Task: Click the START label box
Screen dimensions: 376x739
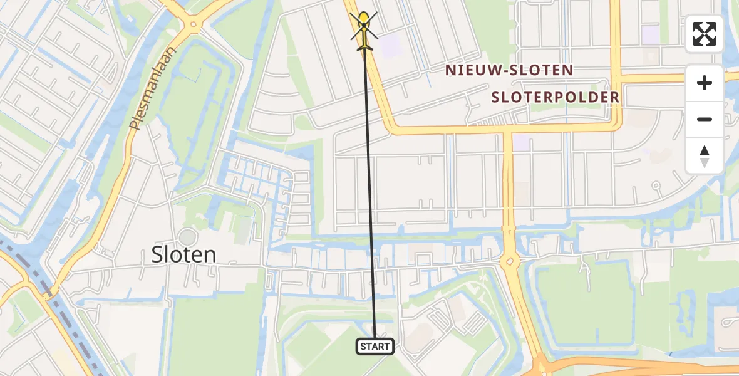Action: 375,346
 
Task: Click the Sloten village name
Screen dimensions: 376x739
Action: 183,254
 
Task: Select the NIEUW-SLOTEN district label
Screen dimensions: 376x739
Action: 509,70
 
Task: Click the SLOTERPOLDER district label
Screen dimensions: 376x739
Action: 556,97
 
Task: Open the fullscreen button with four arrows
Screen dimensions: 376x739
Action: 705,34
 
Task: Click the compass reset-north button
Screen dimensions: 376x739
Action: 705,155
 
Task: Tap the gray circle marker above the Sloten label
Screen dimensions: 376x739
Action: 187,237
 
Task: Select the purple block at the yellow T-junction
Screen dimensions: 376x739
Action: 521,142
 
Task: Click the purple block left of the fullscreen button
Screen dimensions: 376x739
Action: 651,34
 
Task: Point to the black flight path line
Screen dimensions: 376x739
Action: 369,188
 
